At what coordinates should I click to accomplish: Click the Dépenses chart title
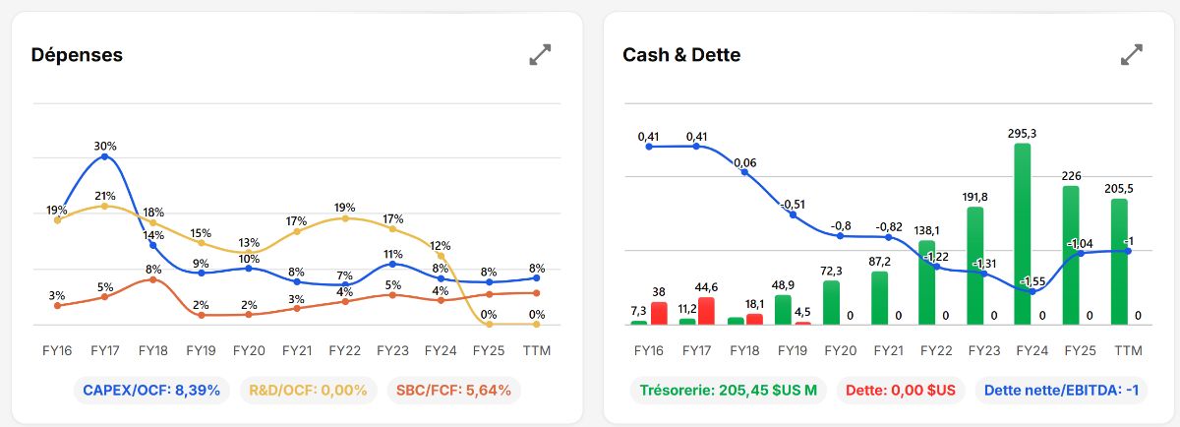pyautogui.click(x=77, y=55)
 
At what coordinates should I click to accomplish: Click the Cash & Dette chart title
pyautogui.click(x=681, y=55)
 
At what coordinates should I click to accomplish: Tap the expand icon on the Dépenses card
pyautogui.click(x=540, y=55)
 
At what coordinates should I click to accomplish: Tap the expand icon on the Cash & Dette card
pyautogui.click(x=1132, y=55)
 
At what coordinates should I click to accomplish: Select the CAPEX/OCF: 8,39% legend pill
pyautogui.click(x=151, y=390)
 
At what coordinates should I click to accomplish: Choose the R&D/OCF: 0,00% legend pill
pyautogui.click(x=308, y=390)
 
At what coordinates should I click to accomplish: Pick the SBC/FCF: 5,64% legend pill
pyautogui.click(x=453, y=390)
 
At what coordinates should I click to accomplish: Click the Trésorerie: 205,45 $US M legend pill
pyautogui.click(x=729, y=390)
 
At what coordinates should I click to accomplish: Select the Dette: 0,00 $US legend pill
pyautogui.click(x=901, y=390)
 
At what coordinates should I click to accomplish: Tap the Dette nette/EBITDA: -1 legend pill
pyautogui.click(x=1061, y=390)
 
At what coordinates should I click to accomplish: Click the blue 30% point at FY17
pyautogui.click(x=105, y=156)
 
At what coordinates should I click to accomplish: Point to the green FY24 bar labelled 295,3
pyautogui.click(x=1023, y=234)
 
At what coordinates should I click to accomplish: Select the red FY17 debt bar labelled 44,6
pyautogui.click(x=706, y=311)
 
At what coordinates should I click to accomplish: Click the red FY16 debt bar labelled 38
pyautogui.click(x=659, y=314)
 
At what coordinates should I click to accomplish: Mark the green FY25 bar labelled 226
pyautogui.click(x=1071, y=255)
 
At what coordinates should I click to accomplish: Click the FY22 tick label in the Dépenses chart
pyautogui.click(x=344, y=350)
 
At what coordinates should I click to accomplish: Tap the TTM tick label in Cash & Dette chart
pyautogui.click(x=1128, y=350)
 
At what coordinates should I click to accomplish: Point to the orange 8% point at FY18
pyautogui.click(x=152, y=279)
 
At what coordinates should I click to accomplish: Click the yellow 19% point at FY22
pyautogui.click(x=345, y=218)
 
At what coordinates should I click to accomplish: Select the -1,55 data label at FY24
pyautogui.click(x=1032, y=281)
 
